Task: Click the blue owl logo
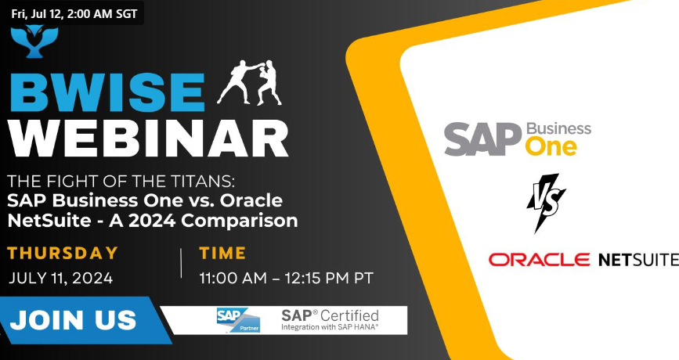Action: point(34,41)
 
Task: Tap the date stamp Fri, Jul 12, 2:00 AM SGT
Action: point(74,14)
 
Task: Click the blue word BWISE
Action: point(107,93)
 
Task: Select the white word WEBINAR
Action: point(148,139)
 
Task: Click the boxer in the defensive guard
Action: point(269,83)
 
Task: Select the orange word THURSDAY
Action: point(63,253)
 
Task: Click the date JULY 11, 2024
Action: point(60,278)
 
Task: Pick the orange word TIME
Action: point(222,253)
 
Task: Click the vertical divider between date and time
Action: point(181,263)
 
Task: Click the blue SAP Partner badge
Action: point(238,320)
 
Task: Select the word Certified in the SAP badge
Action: point(350,315)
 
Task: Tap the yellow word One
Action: point(551,146)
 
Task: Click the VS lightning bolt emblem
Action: point(546,203)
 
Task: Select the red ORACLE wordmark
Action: point(539,260)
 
